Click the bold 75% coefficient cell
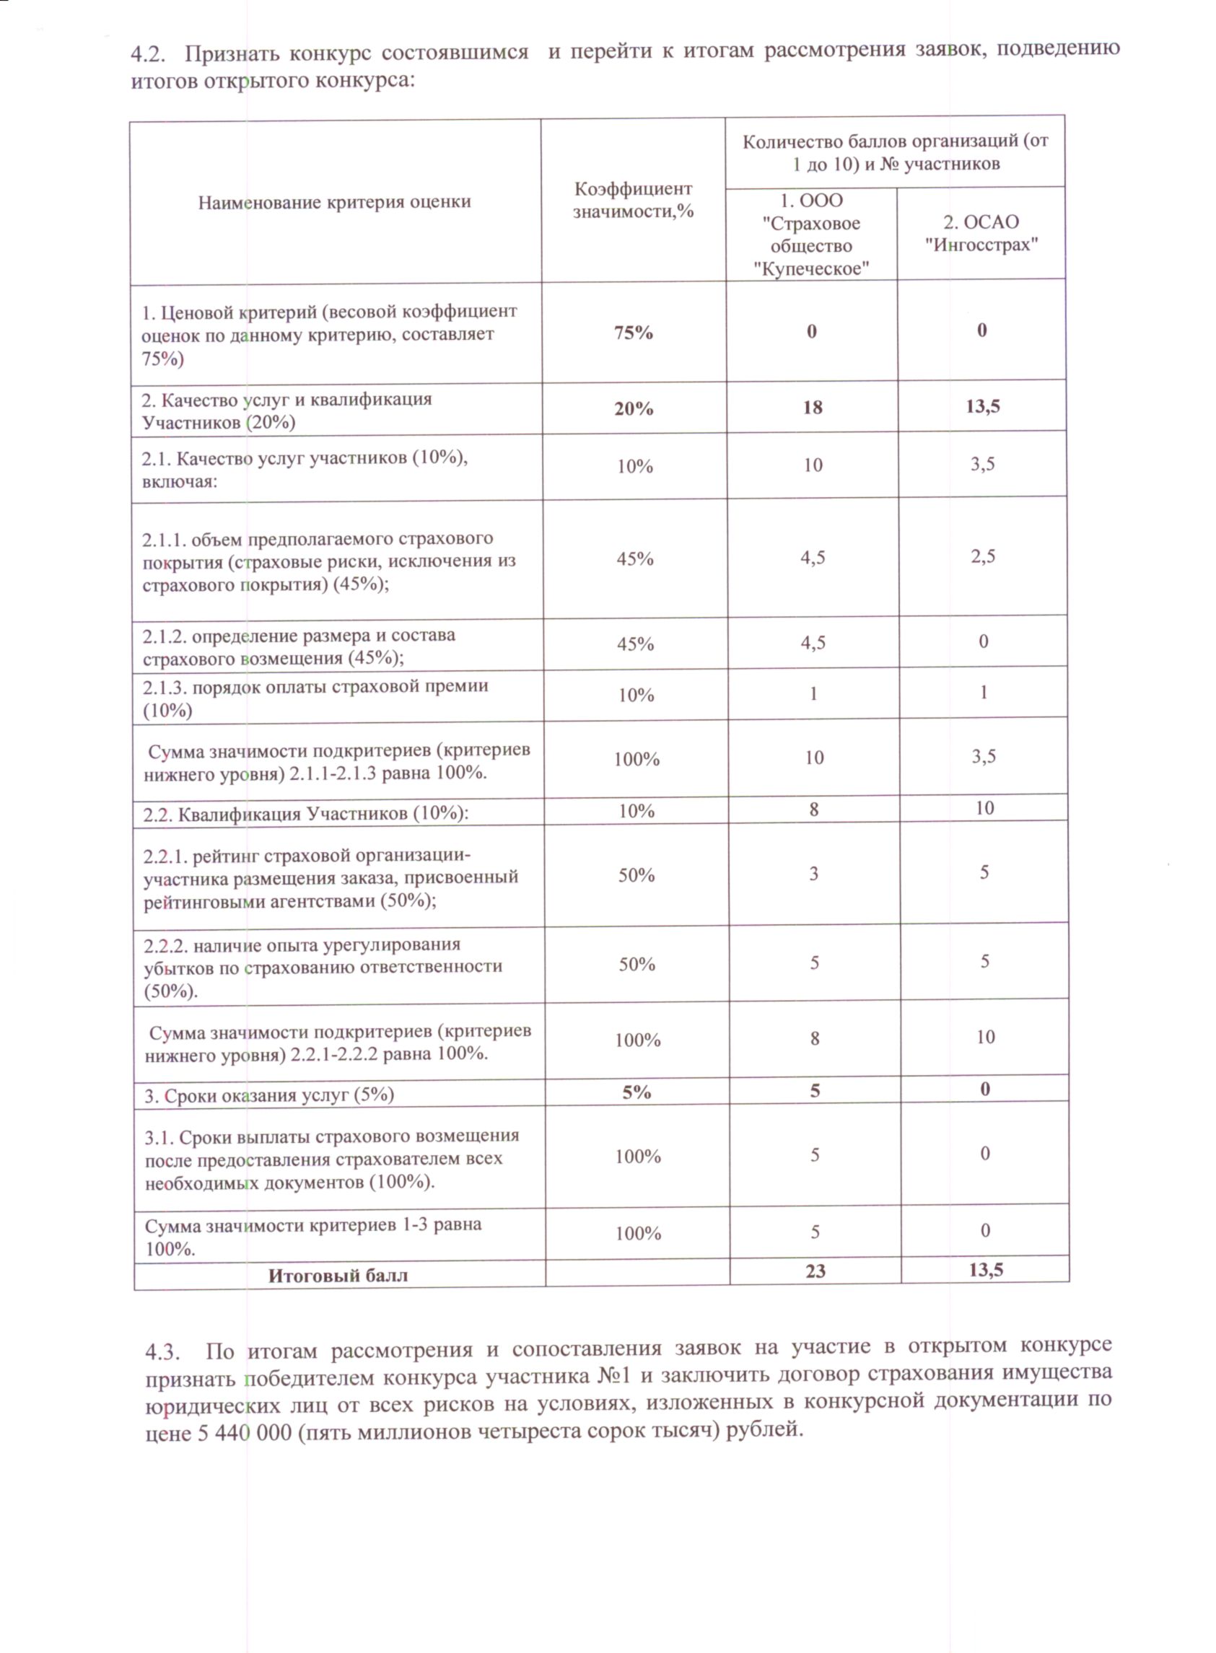click(634, 333)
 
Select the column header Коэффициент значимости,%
click(633, 200)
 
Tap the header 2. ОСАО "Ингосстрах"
click(981, 233)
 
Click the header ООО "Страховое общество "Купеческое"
click(811, 234)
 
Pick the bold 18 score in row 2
click(813, 408)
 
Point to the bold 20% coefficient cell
click(634, 408)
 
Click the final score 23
click(815, 1271)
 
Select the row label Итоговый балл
click(338, 1276)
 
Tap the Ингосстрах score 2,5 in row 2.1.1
click(983, 556)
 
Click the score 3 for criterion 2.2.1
click(813, 874)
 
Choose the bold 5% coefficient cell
click(637, 1092)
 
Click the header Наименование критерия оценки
click(334, 203)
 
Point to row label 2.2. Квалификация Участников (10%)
click(305, 813)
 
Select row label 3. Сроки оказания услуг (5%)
click(269, 1095)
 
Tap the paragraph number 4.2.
click(146, 53)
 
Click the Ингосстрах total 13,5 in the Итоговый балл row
click(987, 1270)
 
